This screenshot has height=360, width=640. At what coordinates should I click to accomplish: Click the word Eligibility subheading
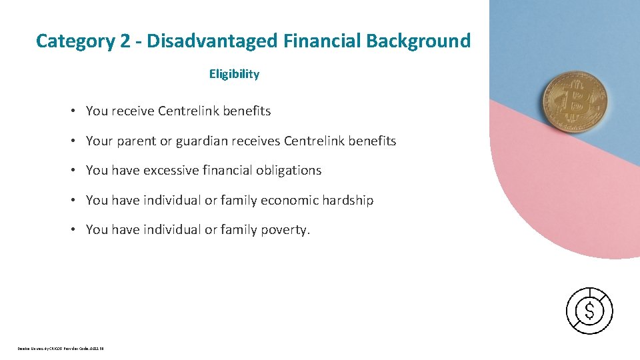coord(234,74)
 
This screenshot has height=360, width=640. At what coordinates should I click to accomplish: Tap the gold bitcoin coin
coord(575,102)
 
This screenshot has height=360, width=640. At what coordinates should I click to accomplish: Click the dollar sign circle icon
coord(589,311)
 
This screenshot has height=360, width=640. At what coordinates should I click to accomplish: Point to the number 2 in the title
coord(125,41)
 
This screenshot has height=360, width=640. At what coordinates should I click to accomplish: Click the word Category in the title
coord(75,41)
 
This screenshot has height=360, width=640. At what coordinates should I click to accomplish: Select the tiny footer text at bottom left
coord(61,348)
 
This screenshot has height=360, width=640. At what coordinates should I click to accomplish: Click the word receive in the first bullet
coord(133,111)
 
